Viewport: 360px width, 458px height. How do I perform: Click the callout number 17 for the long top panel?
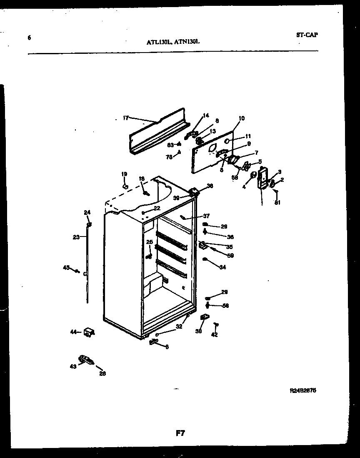point(126,118)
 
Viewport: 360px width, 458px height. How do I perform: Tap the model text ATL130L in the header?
point(159,42)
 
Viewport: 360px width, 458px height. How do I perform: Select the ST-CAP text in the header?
point(307,35)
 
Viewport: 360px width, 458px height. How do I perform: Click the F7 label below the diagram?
point(180,433)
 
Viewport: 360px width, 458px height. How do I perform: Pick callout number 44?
point(74,332)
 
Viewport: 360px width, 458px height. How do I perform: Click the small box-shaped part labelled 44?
point(89,332)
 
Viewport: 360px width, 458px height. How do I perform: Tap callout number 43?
point(73,367)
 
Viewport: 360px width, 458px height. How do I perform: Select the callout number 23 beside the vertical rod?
point(76,237)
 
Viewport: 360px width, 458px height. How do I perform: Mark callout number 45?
point(66,267)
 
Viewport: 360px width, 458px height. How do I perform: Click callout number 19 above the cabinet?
point(124,174)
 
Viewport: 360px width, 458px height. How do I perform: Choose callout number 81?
point(277,203)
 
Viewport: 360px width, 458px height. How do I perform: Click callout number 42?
point(214,335)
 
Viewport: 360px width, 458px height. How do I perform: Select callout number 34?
point(222,267)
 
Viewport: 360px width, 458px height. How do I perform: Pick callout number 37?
point(206,216)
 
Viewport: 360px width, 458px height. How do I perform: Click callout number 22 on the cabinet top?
point(157,208)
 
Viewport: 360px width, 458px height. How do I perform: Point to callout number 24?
point(87,213)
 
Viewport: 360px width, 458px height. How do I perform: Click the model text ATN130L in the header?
point(187,42)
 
